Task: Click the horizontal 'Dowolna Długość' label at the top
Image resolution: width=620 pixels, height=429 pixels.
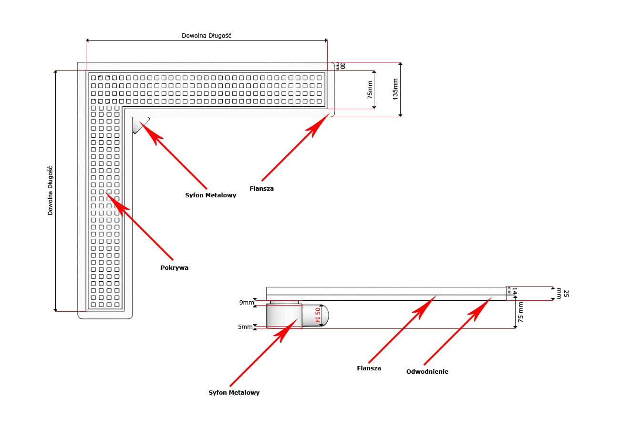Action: click(x=207, y=36)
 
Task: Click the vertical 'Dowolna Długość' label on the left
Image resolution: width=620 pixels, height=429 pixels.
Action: click(x=50, y=190)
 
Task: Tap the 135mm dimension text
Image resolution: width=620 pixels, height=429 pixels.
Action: click(x=395, y=89)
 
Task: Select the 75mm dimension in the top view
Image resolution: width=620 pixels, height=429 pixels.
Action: click(x=370, y=90)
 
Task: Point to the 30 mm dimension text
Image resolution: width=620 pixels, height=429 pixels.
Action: click(x=341, y=66)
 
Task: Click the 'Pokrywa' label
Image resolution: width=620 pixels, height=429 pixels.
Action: click(x=174, y=268)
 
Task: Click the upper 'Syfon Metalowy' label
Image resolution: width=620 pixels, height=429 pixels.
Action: click(x=210, y=195)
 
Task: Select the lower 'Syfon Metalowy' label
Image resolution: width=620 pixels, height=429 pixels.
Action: click(x=234, y=393)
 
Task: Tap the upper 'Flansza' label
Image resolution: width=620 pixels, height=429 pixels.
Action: click(x=261, y=189)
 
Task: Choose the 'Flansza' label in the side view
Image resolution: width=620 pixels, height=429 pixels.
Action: click(x=369, y=368)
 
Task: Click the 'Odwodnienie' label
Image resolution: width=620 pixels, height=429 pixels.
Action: click(x=427, y=372)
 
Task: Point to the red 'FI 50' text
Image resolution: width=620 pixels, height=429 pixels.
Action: click(x=318, y=315)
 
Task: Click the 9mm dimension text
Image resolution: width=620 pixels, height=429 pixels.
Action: click(x=246, y=302)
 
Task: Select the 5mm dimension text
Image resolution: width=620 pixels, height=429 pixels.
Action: click(x=245, y=327)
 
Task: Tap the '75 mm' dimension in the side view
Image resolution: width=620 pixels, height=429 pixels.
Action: click(x=521, y=312)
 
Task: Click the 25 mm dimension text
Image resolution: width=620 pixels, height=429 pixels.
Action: click(x=566, y=293)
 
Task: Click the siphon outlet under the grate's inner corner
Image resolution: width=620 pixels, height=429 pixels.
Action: click(x=140, y=125)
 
